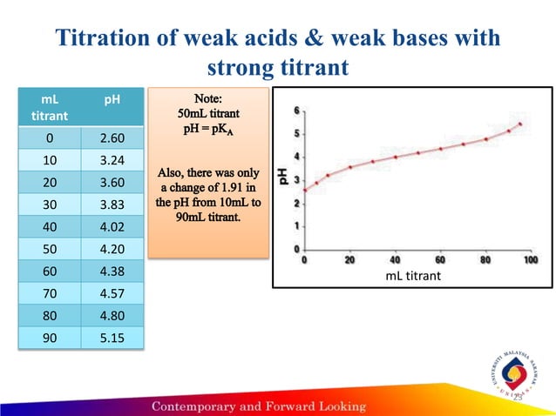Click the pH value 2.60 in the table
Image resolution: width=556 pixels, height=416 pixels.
pos(111,138)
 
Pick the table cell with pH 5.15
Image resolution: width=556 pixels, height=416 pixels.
pos(111,337)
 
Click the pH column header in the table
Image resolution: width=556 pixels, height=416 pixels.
pos(112,100)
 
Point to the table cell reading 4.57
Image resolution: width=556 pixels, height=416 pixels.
pos(111,293)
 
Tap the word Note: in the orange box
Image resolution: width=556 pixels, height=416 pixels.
pos(209,98)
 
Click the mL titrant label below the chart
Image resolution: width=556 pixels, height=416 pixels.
pos(413,276)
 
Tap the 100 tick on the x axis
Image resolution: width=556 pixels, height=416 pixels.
pos(530,259)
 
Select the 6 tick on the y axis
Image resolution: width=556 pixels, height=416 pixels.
pos(296,111)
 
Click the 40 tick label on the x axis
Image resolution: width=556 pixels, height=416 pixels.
pos(395,259)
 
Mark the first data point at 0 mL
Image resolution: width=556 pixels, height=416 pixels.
pos(304,190)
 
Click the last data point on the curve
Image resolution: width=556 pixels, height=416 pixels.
pos(519,124)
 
